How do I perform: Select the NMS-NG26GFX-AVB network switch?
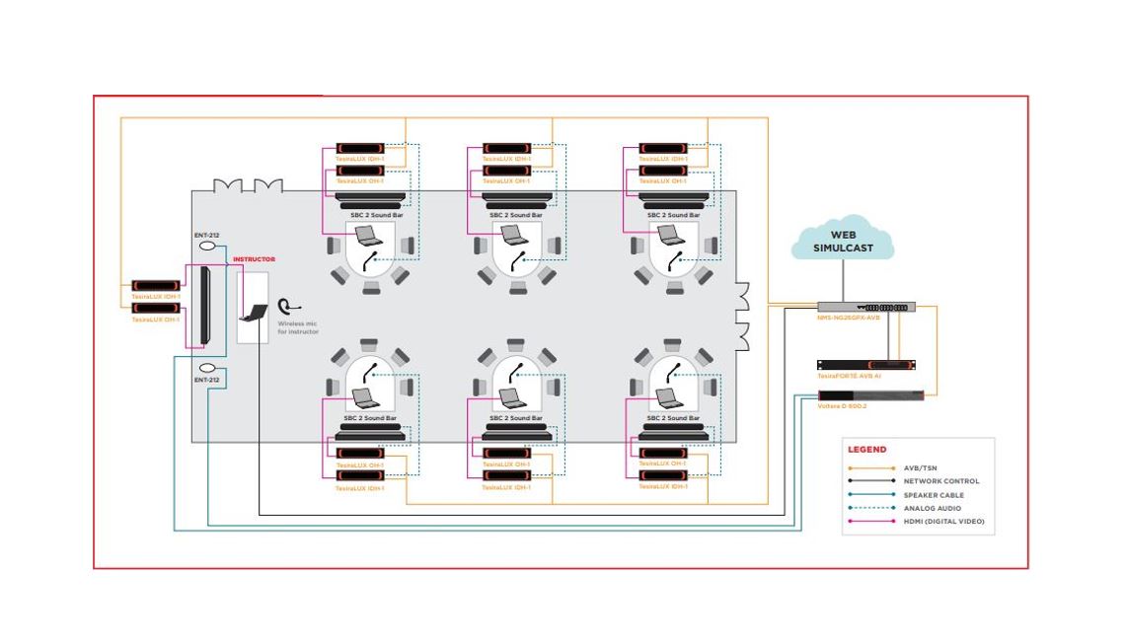(x=865, y=307)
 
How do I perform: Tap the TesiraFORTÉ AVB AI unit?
(x=865, y=365)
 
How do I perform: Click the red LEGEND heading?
(x=866, y=450)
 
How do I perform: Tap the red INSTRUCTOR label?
(x=254, y=259)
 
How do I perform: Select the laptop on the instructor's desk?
(x=254, y=313)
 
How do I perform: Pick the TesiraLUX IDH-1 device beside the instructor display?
(x=156, y=286)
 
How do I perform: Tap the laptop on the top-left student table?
(x=369, y=236)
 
